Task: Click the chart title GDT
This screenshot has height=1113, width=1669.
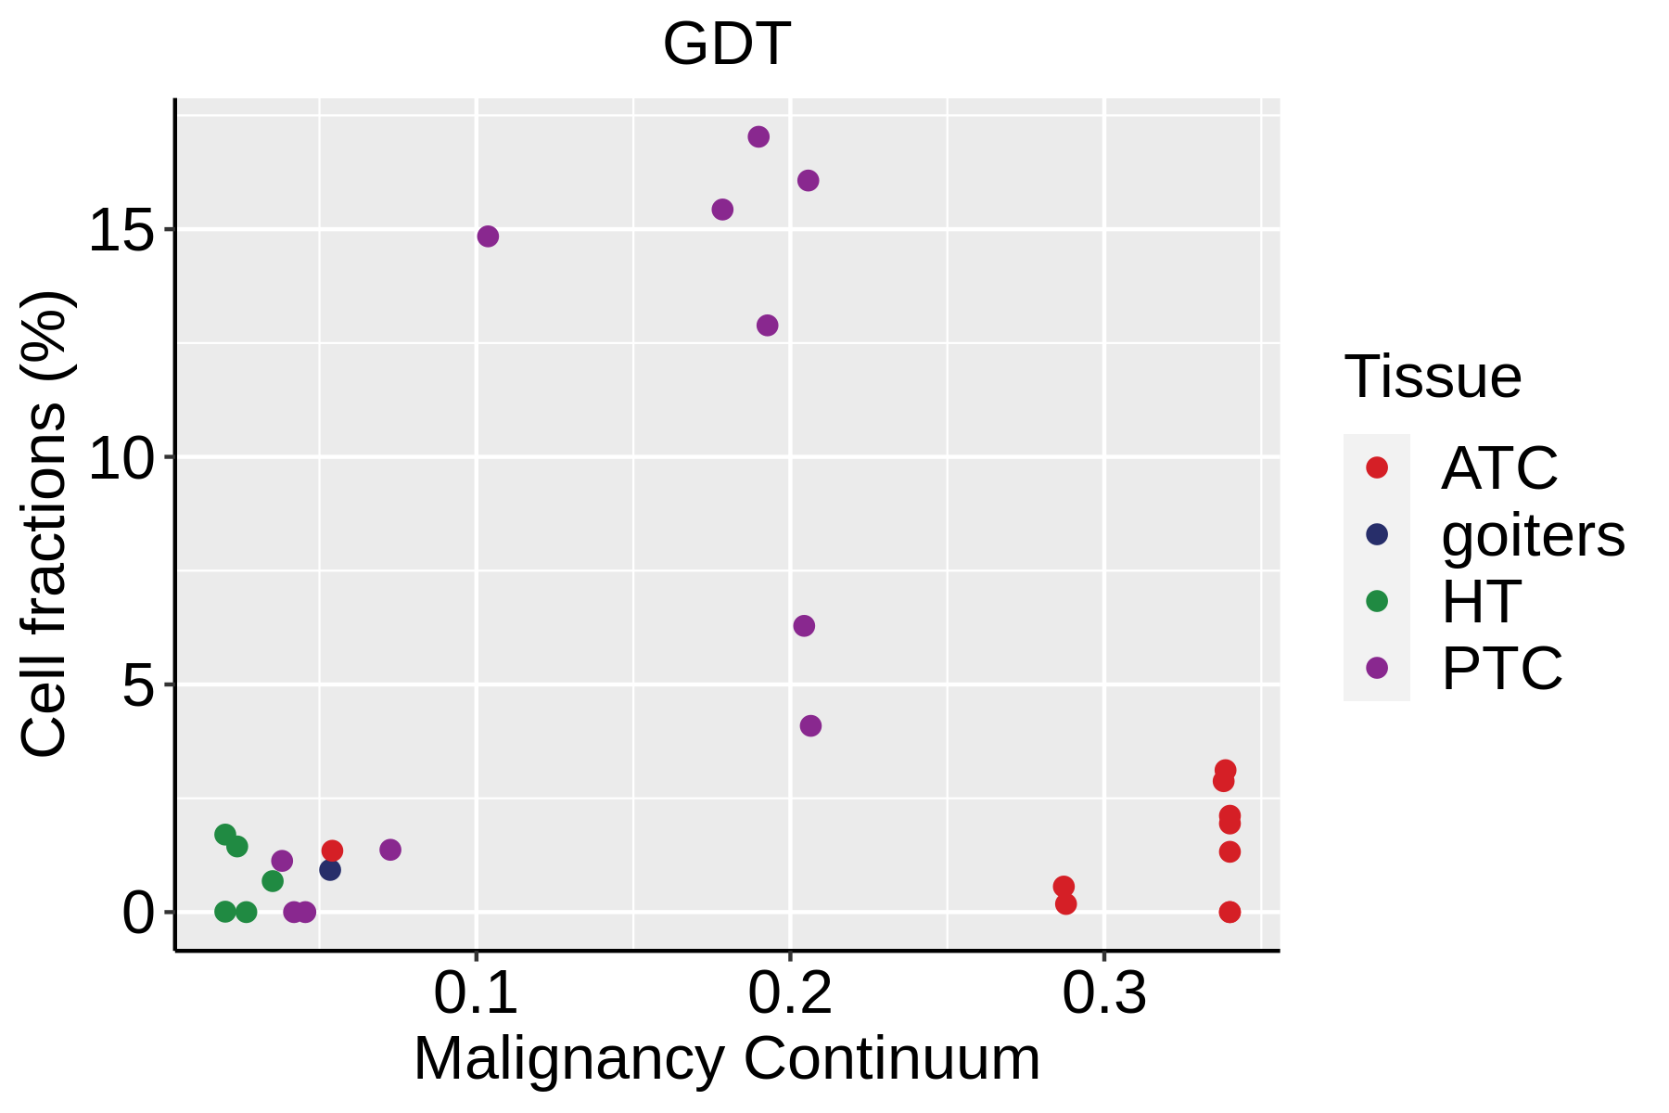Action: [x=726, y=45]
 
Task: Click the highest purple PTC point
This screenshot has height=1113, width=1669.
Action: [x=758, y=137]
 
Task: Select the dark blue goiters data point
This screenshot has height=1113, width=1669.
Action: [x=330, y=870]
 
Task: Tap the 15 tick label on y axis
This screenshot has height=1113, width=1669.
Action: [x=120, y=230]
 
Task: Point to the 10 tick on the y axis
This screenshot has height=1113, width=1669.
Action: [x=120, y=458]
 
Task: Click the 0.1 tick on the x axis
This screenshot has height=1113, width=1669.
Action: [x=476, y=993]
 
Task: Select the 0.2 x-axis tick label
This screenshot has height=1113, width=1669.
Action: [x=790, y=993]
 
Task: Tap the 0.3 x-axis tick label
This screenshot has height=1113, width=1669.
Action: [x=1103, y=993]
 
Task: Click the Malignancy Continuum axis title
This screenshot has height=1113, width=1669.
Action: [x=726, y=1058]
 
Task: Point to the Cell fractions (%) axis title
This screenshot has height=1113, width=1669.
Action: [x=45, y=524]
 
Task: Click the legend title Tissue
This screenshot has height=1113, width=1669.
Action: [x=1433, y=377]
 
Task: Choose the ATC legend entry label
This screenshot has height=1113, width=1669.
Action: [x=1499, y=468]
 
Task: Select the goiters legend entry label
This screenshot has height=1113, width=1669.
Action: [x=1533, y=535]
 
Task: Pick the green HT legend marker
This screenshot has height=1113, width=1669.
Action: [x=1377, y=601]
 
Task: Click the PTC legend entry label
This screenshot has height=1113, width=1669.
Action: [x=1501, y=668]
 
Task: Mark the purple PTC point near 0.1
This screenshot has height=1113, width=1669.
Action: [x=488, y=237]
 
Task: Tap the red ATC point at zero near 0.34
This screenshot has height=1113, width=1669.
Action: [x=1229, y=912]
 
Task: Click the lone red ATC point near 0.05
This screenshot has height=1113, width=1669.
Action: [x=332, y=851]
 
